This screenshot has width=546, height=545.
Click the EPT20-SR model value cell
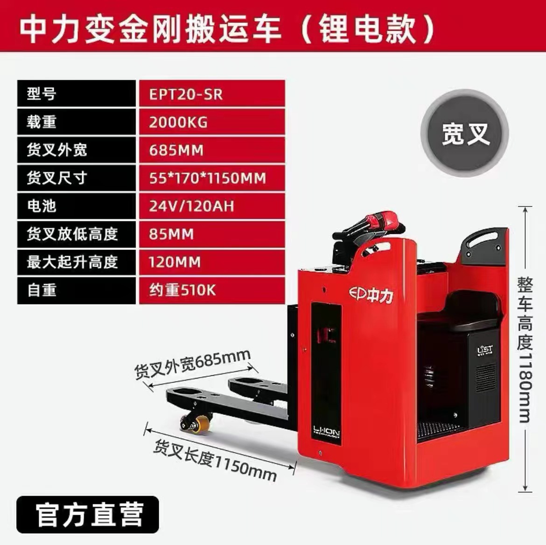point(211,94)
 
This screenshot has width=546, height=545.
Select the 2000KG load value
point(211,122)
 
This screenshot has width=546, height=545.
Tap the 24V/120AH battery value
point(211,206)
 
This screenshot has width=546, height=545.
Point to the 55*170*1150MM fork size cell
point(211,178)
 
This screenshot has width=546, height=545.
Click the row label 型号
point(77,94)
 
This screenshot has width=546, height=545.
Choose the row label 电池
point(77,206)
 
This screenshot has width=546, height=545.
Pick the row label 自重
point(77,290)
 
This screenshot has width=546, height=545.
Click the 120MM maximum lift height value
point(211,262)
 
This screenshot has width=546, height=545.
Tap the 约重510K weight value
point(211,290)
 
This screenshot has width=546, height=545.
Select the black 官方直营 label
point(88,515)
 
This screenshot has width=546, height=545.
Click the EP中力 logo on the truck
point(371,294)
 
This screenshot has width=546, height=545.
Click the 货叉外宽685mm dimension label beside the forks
point(193,365)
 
